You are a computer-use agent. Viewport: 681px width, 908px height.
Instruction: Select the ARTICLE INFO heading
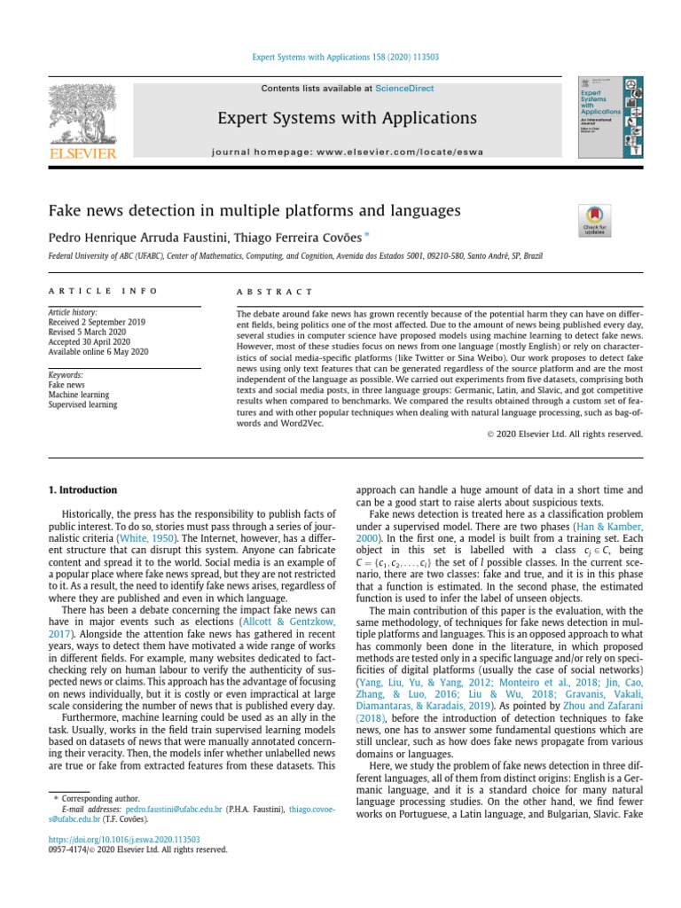[x=103, y=291]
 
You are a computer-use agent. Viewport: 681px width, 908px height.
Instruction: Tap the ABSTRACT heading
[x=274, y=291]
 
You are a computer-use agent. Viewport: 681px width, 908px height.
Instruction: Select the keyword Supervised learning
[x=82, y=405]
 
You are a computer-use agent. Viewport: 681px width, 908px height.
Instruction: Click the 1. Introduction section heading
[x=82, y=489]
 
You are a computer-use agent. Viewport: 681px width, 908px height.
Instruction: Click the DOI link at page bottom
[x=123, y=838]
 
